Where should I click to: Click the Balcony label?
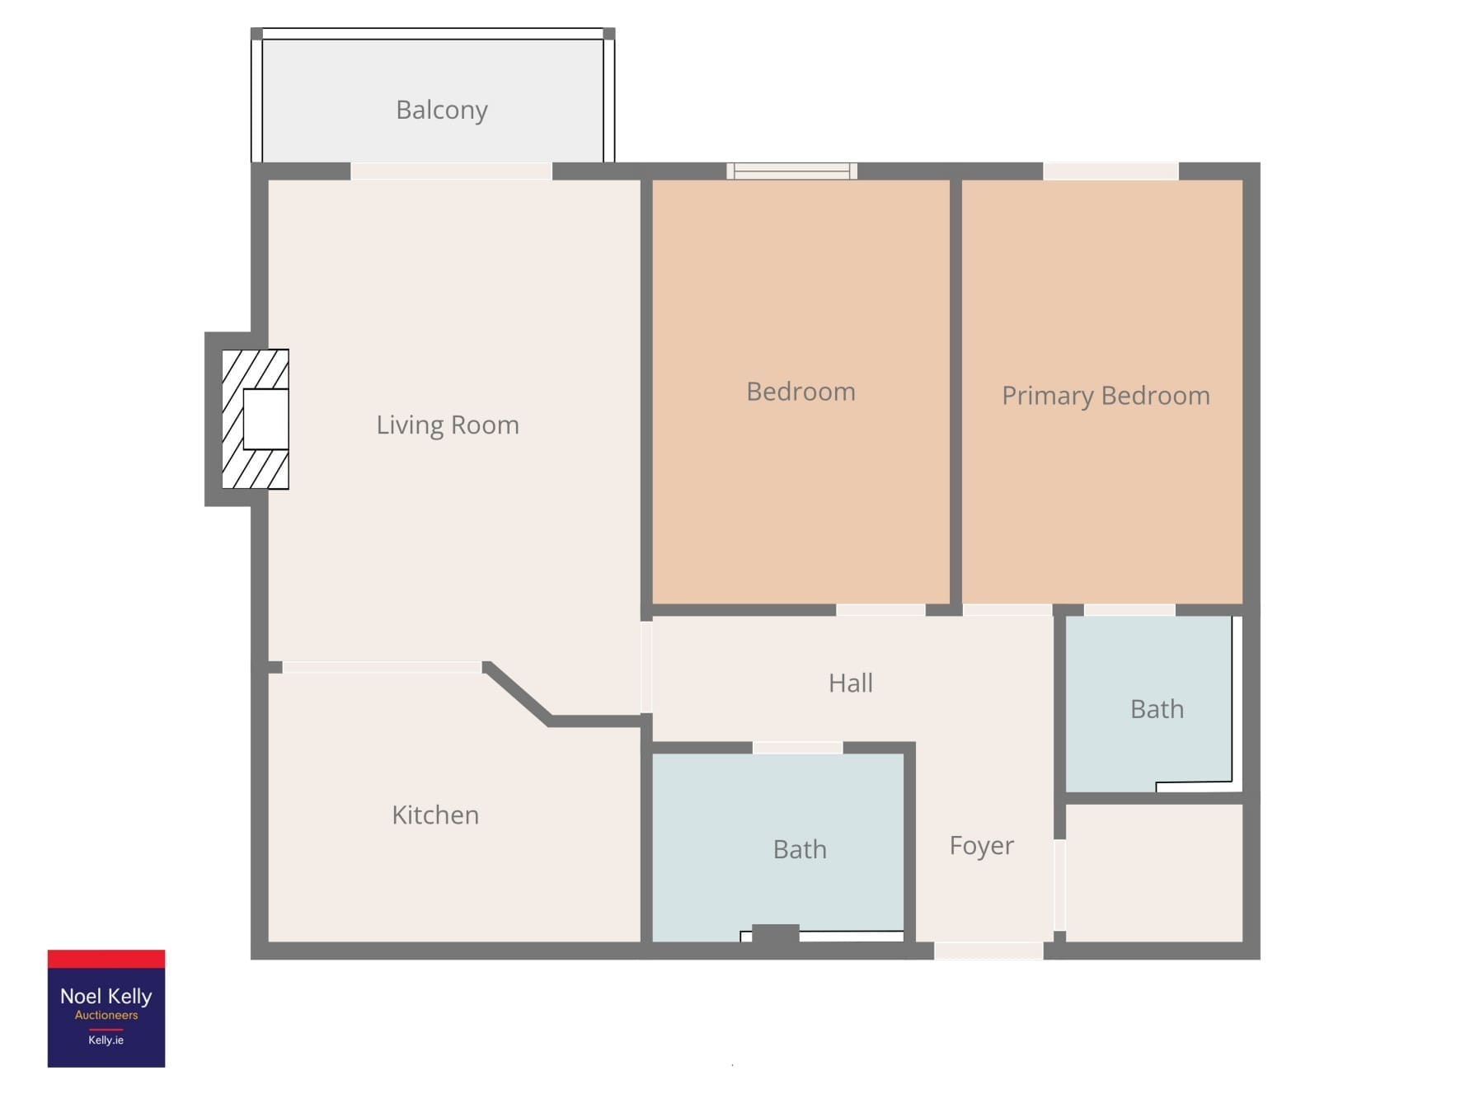(x=441, y=110)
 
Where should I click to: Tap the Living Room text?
(x=448, y=425)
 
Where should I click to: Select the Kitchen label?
(x=435, y=815)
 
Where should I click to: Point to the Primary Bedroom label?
(x=1106, y=396)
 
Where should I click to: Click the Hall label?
(x=851, y=683)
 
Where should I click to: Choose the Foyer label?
(x=981, y=846)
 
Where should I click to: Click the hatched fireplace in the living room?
(x=256, y=419)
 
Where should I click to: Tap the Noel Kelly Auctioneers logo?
(x=106, y=1008)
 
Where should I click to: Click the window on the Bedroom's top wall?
(x=791, y=171)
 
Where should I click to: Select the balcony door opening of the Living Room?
(x=451, y=171)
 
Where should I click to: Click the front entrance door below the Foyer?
(x=988, y=951)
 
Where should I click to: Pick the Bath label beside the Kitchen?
(x=800, y=849)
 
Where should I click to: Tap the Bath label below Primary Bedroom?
(x=1157, y=709)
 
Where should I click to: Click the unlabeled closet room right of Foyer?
(x=1154, y=872)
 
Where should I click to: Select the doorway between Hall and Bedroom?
(x=880, y=610)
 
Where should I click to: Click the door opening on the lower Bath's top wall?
(x=797, y=748)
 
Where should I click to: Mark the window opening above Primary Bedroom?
(x=1110, y=171)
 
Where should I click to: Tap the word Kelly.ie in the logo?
(x=106, y=1040)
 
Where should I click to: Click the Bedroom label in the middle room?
(x=801, y=392)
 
